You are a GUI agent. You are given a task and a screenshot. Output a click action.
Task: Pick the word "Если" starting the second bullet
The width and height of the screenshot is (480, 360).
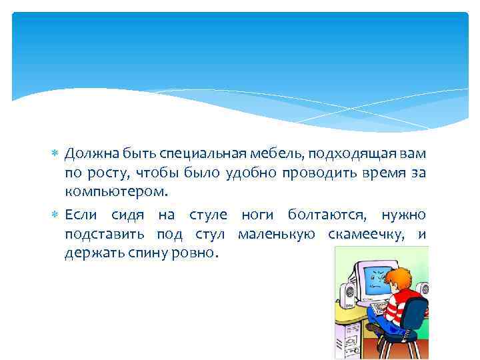point(79,215)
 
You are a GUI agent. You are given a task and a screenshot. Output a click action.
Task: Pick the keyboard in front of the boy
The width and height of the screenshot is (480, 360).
point(377,308)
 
